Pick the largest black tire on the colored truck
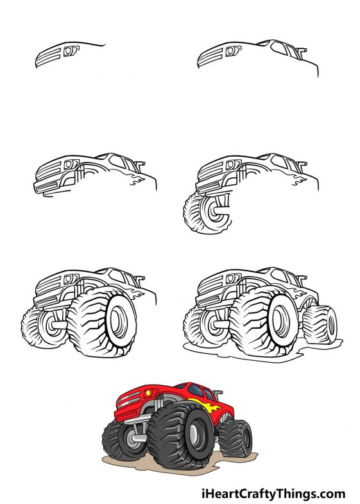(x=182, y=435)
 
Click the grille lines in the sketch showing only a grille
(x=51, y=56)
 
